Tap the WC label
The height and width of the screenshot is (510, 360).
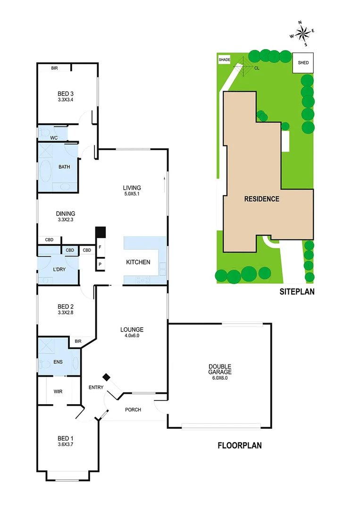54,137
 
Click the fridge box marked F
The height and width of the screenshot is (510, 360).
100,247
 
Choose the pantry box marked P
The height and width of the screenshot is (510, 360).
100,264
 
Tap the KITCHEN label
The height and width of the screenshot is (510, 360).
138,262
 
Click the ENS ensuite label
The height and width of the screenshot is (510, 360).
58,362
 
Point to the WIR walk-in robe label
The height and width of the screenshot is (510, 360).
59,391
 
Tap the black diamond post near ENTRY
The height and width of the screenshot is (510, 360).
107,376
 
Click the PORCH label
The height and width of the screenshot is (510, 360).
133,409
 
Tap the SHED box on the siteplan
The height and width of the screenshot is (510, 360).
302,62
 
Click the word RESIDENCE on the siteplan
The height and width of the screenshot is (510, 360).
261,199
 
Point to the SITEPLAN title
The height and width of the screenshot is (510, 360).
296,292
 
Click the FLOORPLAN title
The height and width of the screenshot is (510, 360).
240,445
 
